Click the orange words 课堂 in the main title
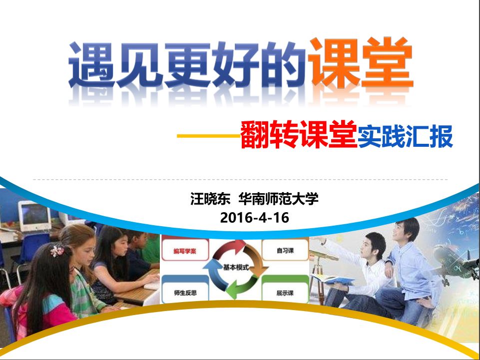tap(361, 63)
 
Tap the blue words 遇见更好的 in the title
tap(187, 65)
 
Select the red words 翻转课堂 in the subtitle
tap(299, 135)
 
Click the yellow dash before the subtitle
tap(209, 136)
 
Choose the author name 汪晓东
tap(210, 199)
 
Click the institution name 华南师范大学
tap(279, 199)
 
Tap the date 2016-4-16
tap(254, 218)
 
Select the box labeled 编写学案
tap(185, 250)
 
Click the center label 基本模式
tap(236, 268)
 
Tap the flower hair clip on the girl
tap(57, 251)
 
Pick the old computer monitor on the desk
tap(34, 216)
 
